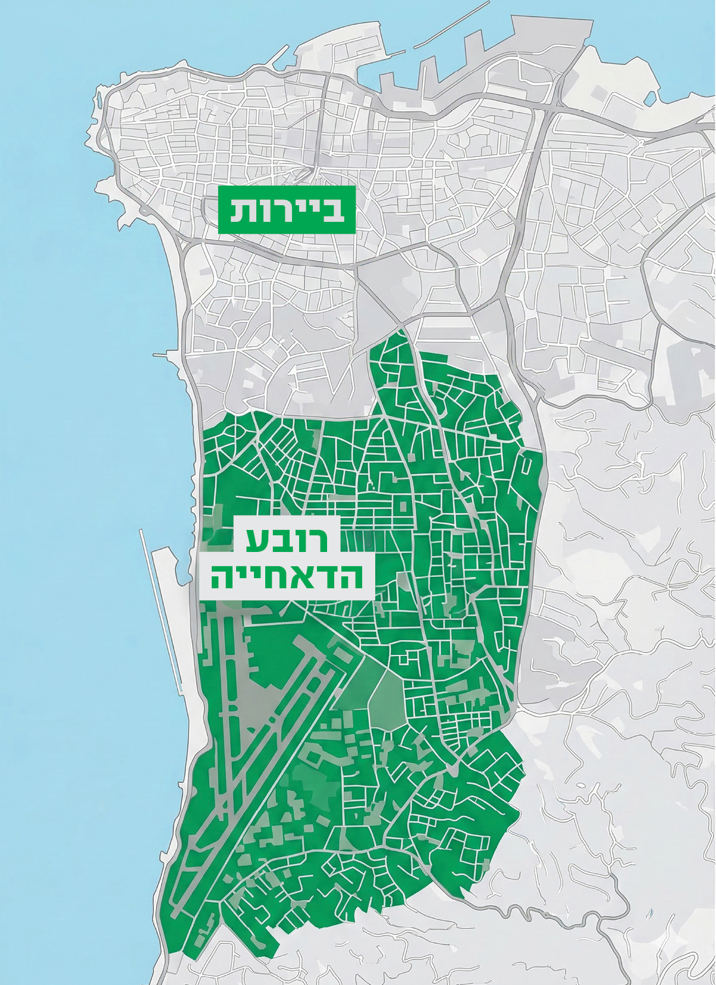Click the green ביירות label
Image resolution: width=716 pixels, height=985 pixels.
(x=287, y=209)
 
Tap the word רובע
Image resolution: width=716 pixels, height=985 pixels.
(x=287, y=539)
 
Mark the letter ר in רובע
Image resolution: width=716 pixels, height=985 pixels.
(x=318, y=539)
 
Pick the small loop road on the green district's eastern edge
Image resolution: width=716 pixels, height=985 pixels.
(x=526, y=464)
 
